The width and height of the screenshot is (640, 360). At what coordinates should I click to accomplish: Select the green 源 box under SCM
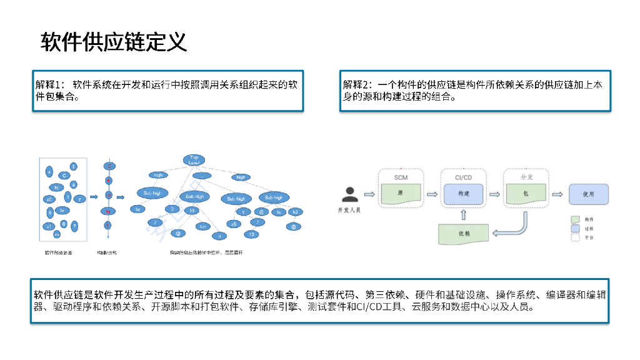(401, 194)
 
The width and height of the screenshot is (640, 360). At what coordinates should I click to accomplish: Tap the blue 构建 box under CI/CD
(463, 194)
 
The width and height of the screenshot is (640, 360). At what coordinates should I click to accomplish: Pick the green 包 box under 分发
(526, 194)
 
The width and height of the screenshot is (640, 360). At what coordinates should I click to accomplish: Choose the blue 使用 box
(588, 194)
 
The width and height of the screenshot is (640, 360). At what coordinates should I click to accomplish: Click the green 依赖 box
(463, 233)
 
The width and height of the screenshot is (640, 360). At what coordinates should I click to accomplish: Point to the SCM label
(401, 177)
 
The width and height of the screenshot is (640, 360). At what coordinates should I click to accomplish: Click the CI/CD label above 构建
(463, 177)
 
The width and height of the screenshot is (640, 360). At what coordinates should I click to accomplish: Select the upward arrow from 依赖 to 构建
(463, 215)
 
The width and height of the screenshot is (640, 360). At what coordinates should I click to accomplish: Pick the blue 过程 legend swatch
(576, 229)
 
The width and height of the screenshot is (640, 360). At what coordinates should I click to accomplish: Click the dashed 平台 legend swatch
(576, 238)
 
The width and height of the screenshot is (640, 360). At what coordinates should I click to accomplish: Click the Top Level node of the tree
(195, 160)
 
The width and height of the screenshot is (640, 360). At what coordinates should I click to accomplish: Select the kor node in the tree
(203, 226)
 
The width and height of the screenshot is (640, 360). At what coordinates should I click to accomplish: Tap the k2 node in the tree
(294, 212)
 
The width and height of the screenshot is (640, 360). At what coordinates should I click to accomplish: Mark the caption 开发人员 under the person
(349, 210)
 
